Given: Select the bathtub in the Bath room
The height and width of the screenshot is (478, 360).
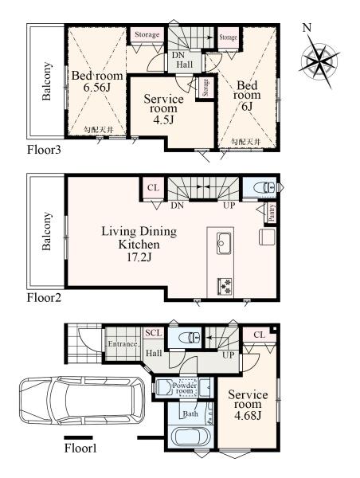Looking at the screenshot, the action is [x=190, y=437].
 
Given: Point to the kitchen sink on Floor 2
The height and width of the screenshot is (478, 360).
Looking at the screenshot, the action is [x=225, y=243].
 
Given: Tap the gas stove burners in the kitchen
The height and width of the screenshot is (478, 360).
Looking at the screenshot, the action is [x=225, y=286].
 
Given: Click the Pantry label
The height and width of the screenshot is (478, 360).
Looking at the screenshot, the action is [x=272, y=212].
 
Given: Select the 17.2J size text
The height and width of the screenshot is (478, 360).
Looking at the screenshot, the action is [x=139, y=257].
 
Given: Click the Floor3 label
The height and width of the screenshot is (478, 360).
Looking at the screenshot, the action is [x=44, y=150].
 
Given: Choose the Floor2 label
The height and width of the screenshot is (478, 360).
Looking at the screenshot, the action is [x=44, y=297].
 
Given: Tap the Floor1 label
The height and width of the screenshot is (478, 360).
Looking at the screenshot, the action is [x=80, y=448].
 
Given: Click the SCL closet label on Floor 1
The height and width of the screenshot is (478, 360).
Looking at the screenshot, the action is [x=154, y=332].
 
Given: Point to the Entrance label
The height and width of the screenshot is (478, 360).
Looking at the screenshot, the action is [x=123, y=344].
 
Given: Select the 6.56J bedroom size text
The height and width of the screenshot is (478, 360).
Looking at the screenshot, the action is [x=97, y=88].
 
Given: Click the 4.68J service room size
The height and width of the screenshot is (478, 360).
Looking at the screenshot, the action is [x=248, y=415].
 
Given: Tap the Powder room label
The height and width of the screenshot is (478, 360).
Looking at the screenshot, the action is [x=184, y=388].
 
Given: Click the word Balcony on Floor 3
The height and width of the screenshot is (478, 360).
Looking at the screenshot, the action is [x=46, y=81].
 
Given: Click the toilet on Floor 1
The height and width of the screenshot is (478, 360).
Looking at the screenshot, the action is [x=190, y=338].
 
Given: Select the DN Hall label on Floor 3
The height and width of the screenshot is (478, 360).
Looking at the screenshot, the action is [x=185, y=60].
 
